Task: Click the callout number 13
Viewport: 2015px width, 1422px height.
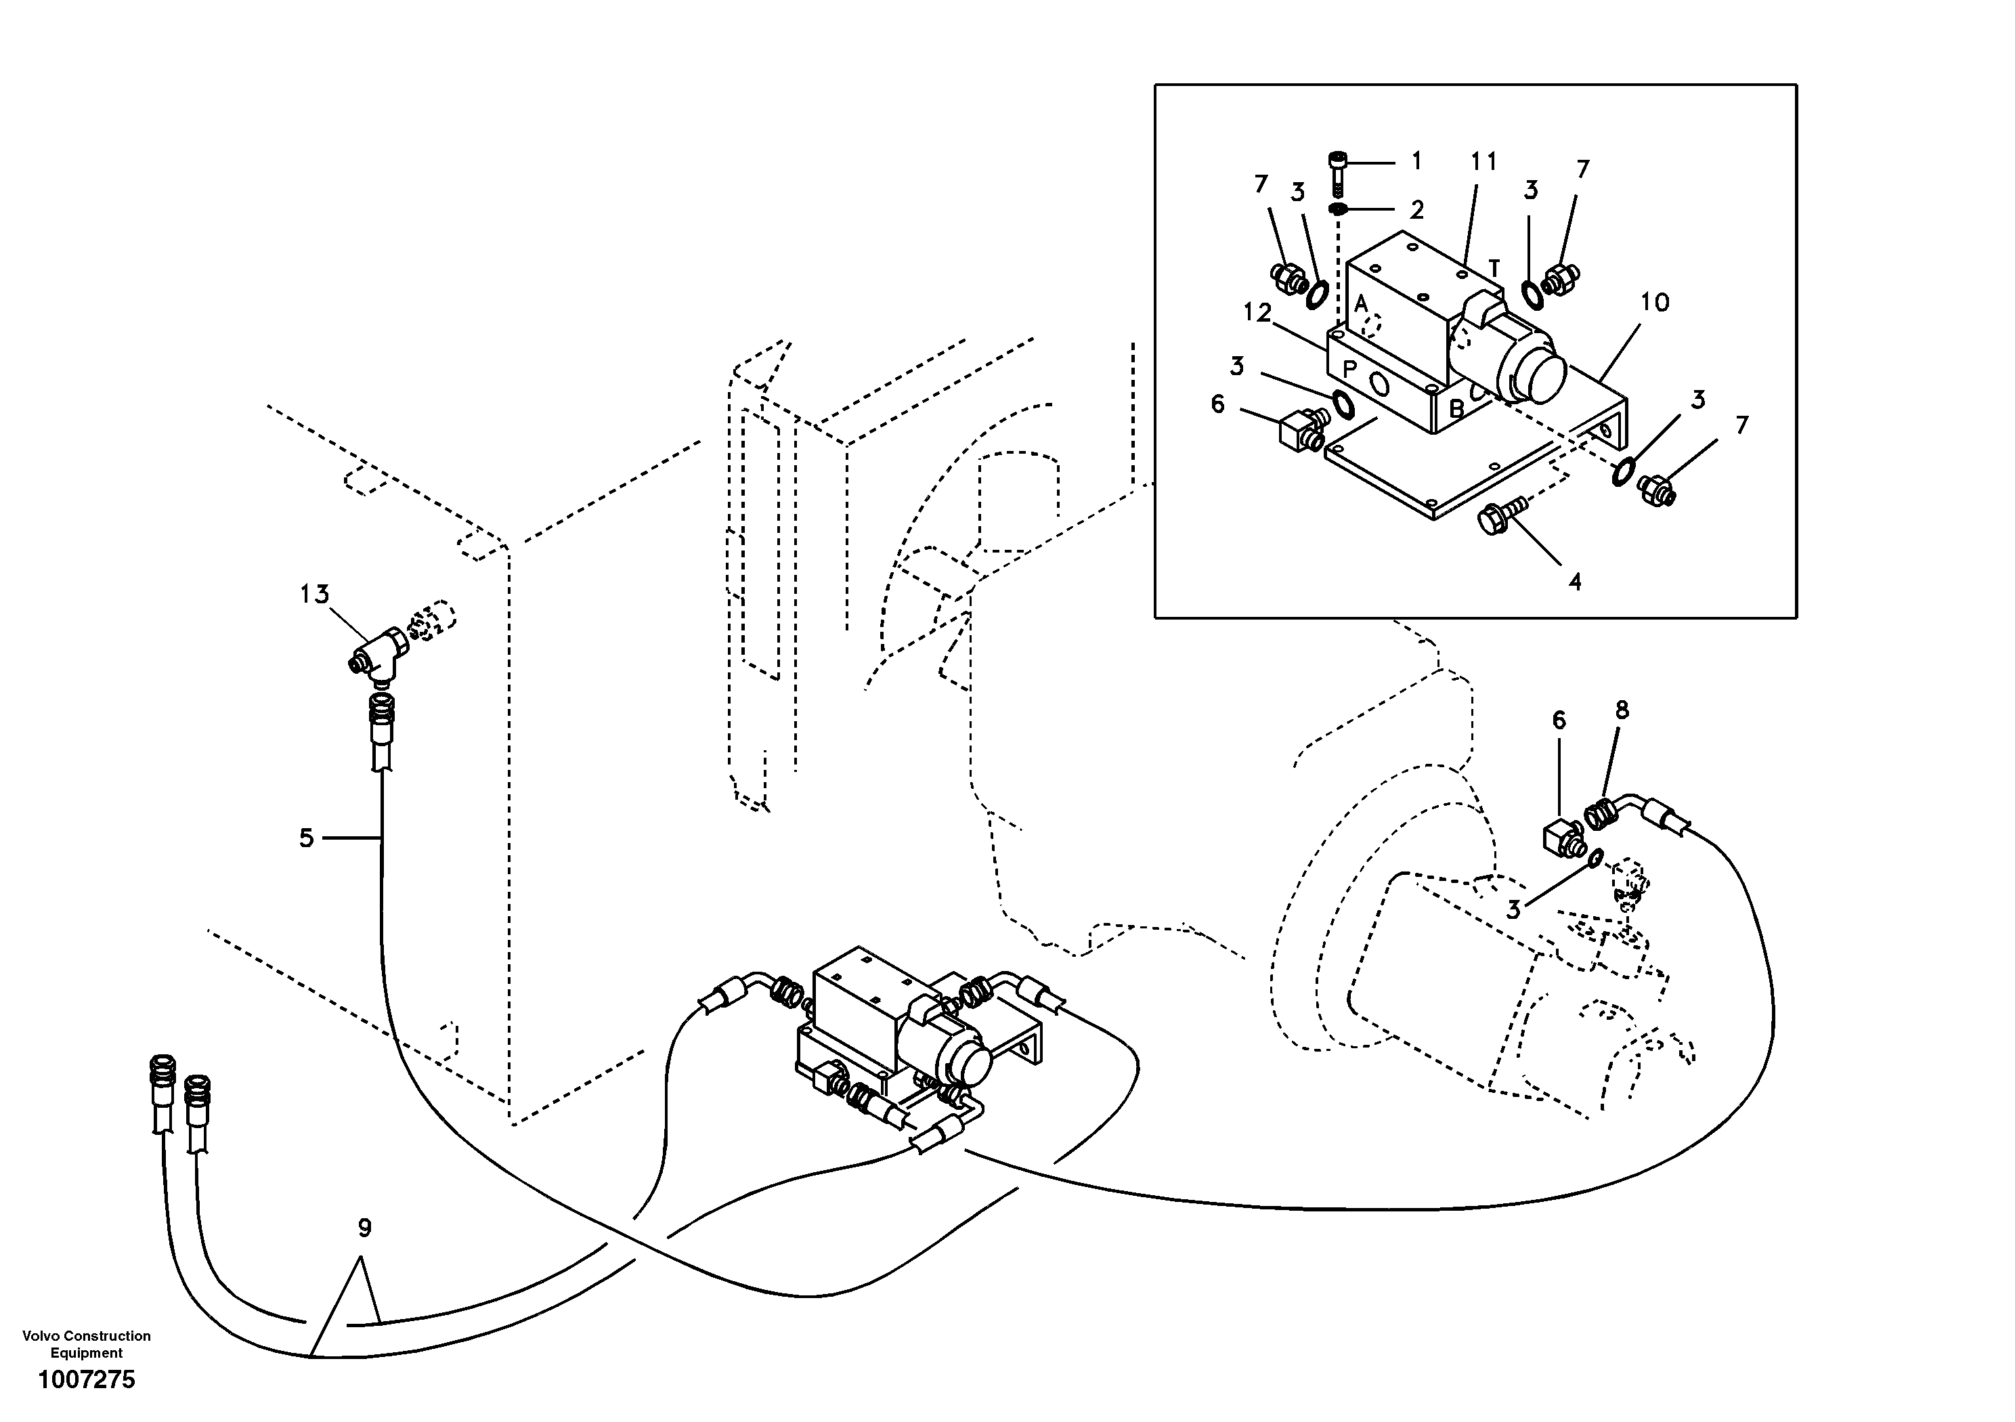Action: [x=314, y=595]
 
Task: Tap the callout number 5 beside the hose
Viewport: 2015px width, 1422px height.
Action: [x=306, y=838]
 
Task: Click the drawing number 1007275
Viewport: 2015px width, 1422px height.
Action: [x=87, y=1381]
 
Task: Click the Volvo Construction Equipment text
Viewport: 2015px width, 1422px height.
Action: [x=86, y=1344]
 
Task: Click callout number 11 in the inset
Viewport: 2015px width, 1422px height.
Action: [x=1484, y=162]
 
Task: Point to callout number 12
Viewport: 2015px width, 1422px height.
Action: [x=1257, y=312]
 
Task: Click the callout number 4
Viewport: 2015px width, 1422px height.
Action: [x=1576, y=581]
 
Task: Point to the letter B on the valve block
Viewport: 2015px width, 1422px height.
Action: [x=1455, y=408]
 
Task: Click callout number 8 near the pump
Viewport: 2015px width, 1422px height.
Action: [x=1622, y=710]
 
